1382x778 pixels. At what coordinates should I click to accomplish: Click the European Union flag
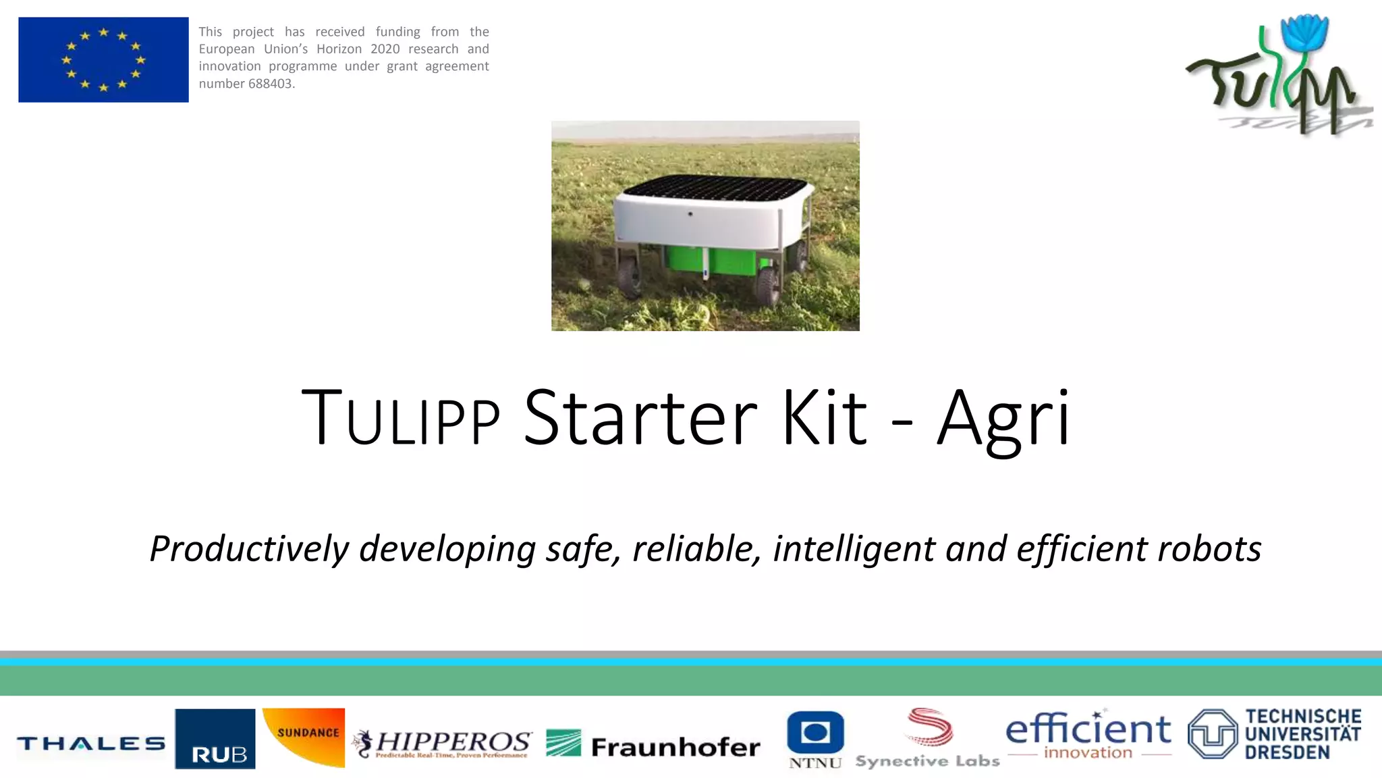point(103,60)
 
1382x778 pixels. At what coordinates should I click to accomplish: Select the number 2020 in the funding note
point(385,49)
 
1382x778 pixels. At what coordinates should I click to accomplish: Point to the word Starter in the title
point(640,417)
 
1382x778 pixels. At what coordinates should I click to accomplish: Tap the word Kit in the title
point(824,417)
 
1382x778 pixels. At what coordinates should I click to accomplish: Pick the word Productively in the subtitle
point(249,548)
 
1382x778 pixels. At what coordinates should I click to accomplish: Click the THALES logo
point(90,744)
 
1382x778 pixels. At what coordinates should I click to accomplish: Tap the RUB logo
point(215,739)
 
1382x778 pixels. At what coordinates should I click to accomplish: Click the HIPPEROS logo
point(443,744)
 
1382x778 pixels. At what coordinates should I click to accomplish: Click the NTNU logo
point(815,740)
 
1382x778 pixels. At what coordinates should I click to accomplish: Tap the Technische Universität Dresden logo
point(1275,734)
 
